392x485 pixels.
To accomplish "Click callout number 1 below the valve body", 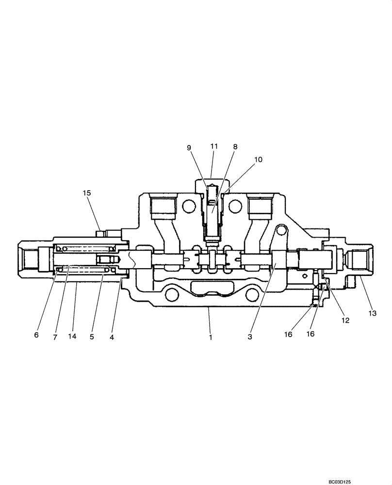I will tap(211, 337).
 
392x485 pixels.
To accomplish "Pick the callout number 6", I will tap(36, 335).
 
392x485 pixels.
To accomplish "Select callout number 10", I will tap(258, 160).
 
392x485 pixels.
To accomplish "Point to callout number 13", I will tap(372, 314).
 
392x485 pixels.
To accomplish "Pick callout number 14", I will tap(73, 336).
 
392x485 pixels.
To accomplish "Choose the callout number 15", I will tap(87, 193).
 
